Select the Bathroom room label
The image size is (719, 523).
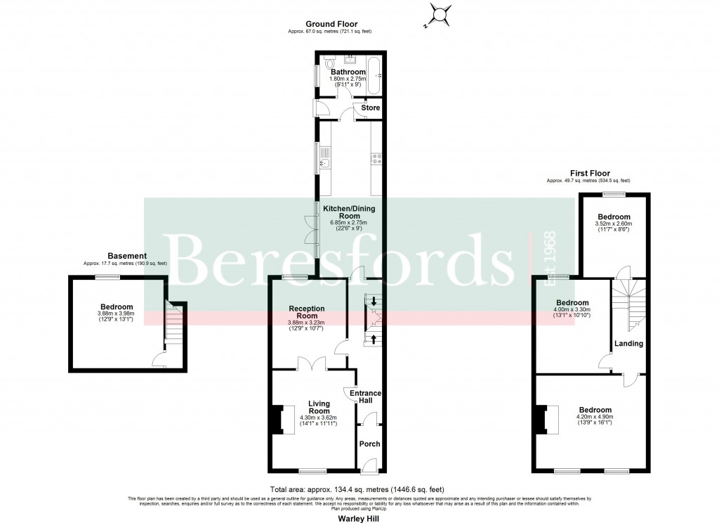(348, 72)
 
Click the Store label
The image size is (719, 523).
(370, 108)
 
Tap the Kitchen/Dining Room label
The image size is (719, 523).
(348, 212)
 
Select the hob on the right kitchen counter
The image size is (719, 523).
(376, 161)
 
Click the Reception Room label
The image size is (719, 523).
(306, 312)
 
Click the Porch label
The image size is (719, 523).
(369, 444)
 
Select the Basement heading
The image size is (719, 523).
(127, 256)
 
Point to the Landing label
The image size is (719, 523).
(628, 343)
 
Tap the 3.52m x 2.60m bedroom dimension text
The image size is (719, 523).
(614, 224)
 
